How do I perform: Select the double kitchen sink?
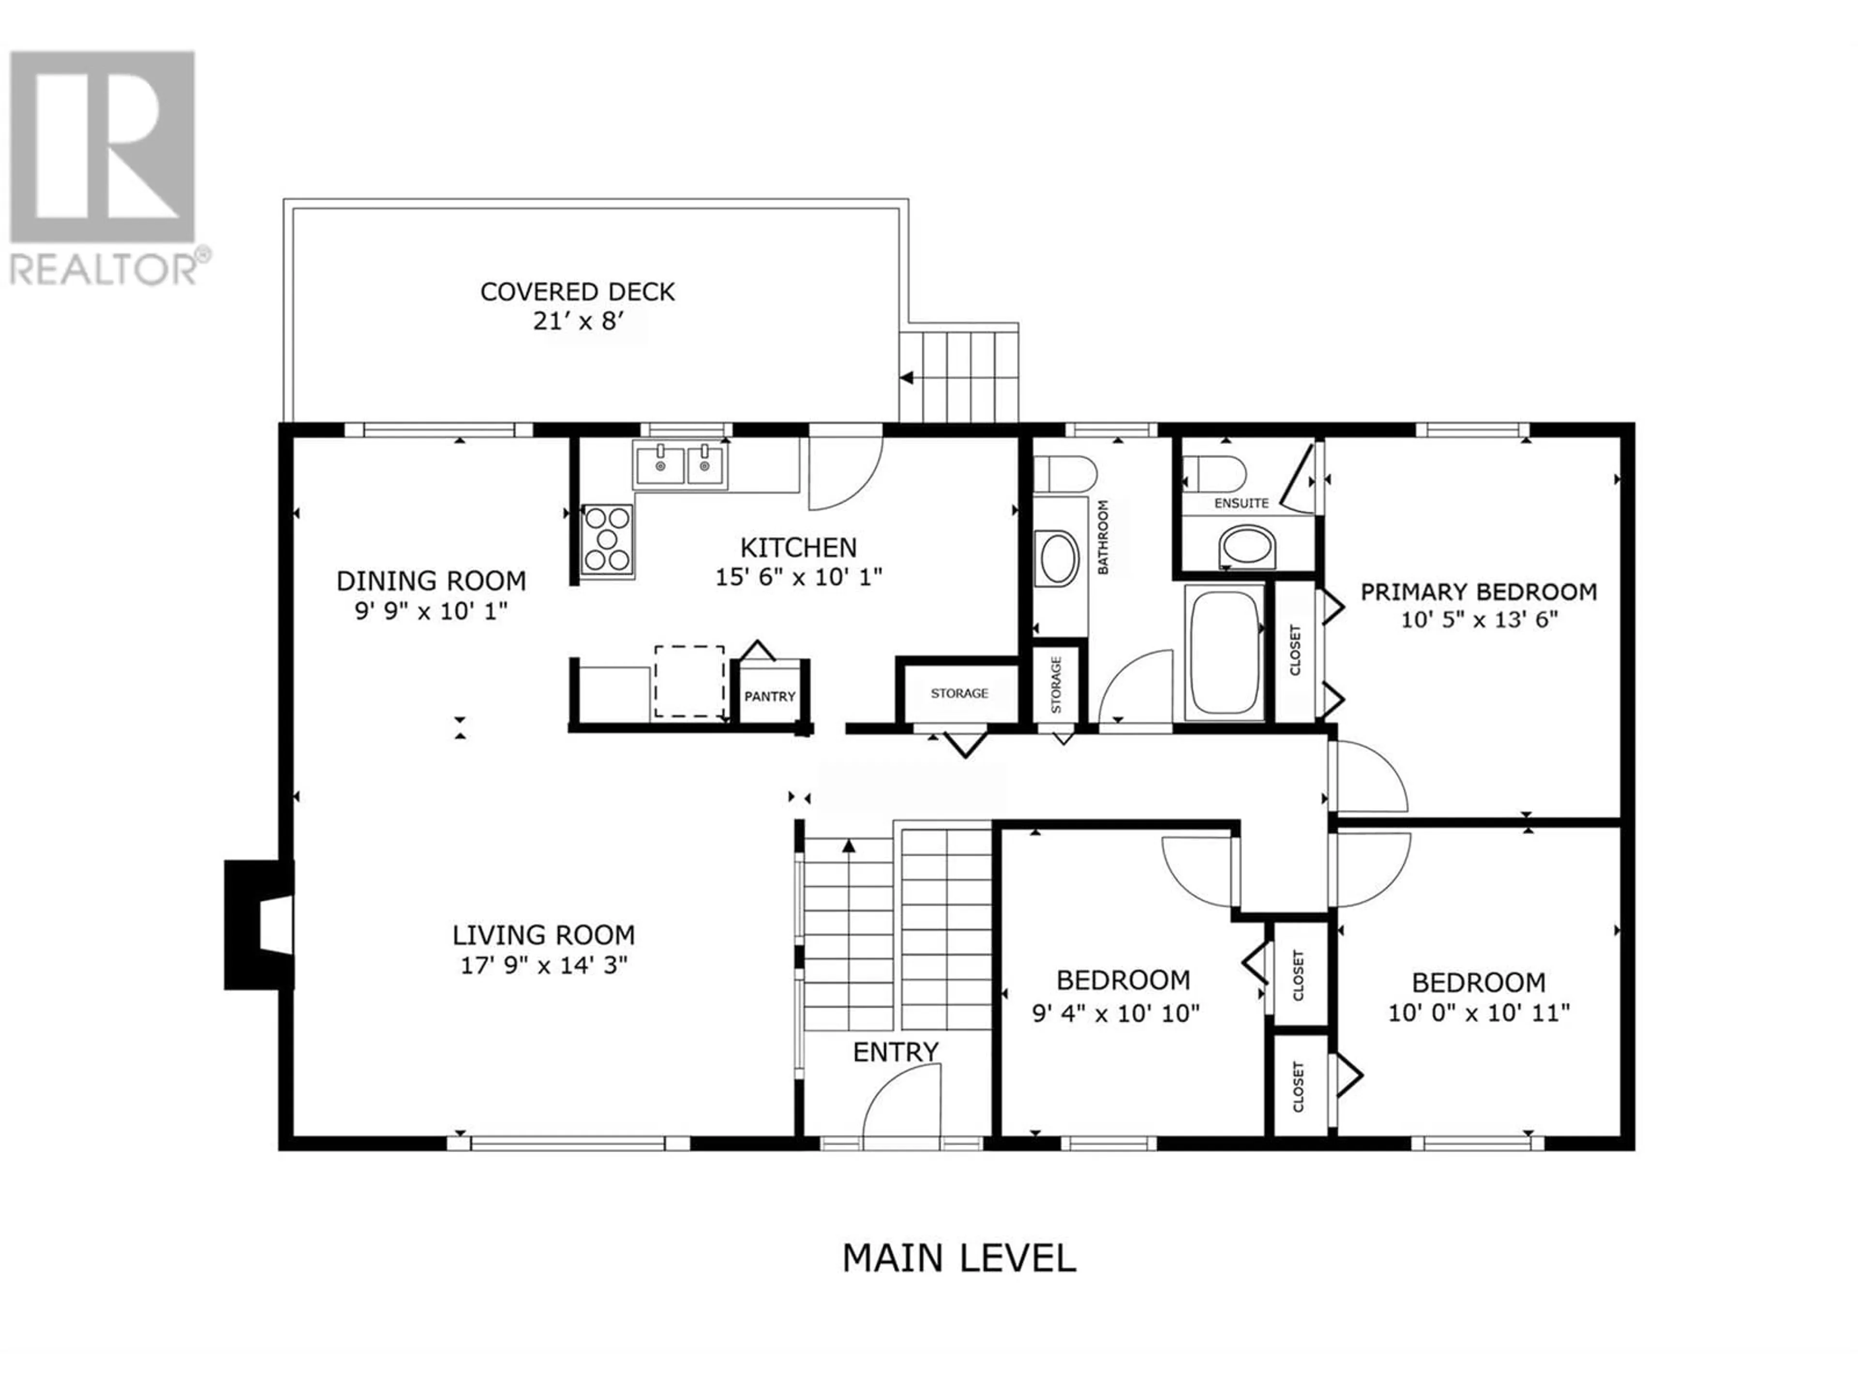[680, 465]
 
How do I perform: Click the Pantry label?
[769, 696]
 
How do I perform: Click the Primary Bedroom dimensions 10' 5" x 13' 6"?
[1479, 620]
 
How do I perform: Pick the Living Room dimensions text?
[543, 965]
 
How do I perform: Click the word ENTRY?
[896, 1052]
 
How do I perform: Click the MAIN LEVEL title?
[959, 1281]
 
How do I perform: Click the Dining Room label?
[431, 580]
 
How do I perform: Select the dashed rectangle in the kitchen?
[689, 681]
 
